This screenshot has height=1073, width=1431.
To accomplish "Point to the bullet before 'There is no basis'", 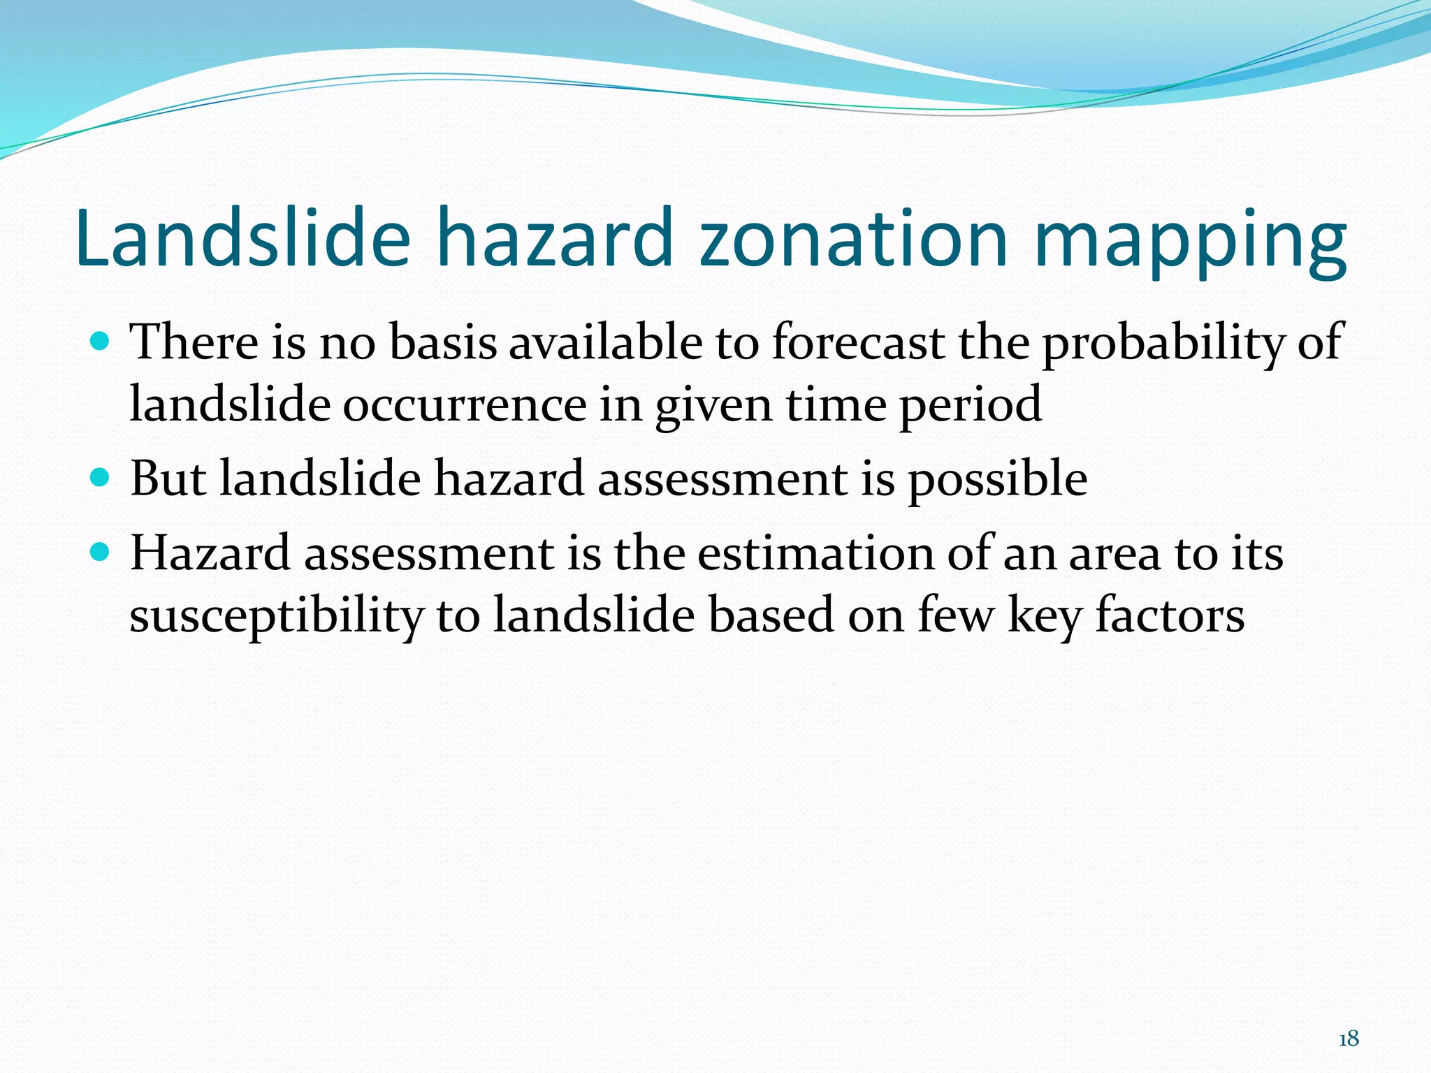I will point(101,342).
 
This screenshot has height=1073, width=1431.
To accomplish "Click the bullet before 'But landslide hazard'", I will point(101,478).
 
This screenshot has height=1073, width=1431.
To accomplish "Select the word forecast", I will point(859,342).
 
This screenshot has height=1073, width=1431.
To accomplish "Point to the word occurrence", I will point(464,405).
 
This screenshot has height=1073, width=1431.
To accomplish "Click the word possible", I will point(997,480).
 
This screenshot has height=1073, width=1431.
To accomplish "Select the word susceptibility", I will point(277,617).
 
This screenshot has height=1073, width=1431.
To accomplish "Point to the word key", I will point(1045,617).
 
